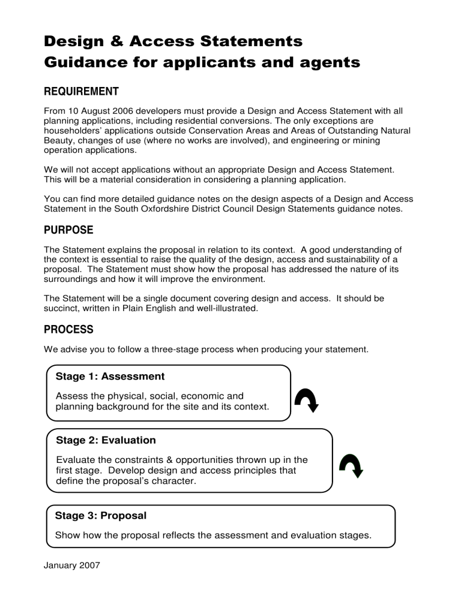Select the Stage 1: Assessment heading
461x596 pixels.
(x=110, y=377)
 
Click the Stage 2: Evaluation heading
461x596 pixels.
(x=106, y=440)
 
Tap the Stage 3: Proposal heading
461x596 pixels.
(x=101, y=515)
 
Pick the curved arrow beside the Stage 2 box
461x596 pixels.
(x=351, y=464)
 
